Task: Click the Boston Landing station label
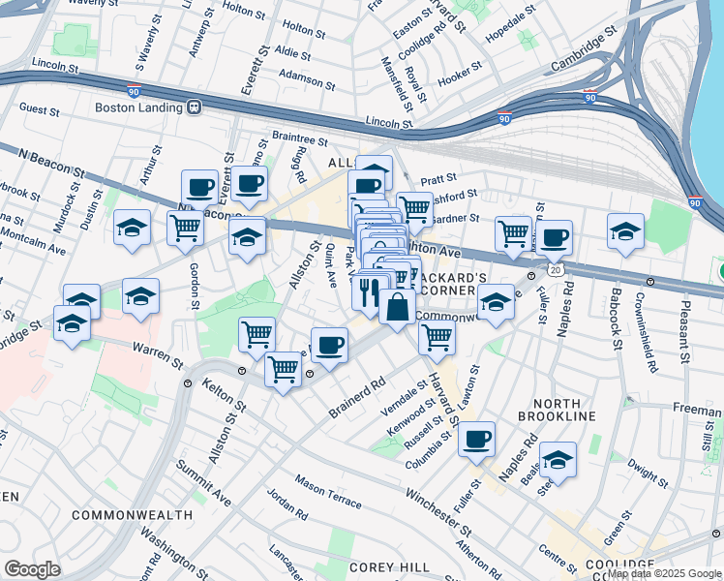point(141,107)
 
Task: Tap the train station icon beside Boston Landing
point(195,107)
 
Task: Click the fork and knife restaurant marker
point(369,290)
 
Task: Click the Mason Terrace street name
point(328,492)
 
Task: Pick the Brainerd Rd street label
point(357,392)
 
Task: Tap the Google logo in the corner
point(32,569)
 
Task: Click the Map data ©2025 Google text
point(664,573)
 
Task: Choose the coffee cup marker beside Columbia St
point(476,438)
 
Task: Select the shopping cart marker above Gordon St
point(185,229)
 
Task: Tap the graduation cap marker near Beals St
point(558,459)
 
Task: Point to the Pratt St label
point(438,179)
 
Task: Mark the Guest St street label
point(40,110)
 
